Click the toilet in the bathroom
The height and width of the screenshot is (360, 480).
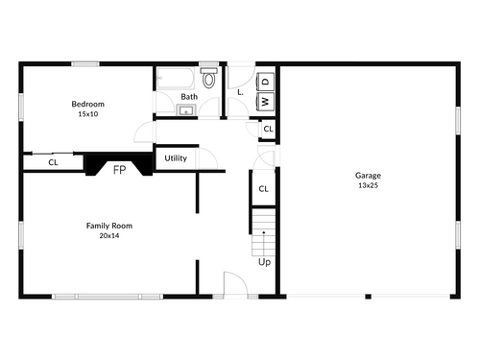[x=208, y=78]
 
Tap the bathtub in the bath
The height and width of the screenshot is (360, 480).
[x=176, y=79]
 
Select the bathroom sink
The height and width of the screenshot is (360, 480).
[x=186, y=110]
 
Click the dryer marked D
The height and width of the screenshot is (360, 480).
[x=266, y=82]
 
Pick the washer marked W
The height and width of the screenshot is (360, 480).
[x=266, y=101]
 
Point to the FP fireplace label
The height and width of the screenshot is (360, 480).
[x=119, y=170]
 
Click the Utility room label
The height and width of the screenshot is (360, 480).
[x=176, y=158]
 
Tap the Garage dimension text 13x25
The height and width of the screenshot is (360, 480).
[x=368, y=185]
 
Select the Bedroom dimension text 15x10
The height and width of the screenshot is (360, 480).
[x=88, y=114]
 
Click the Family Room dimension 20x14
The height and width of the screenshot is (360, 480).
[x=109, y=236]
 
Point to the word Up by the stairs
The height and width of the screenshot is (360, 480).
[x=264, y=262]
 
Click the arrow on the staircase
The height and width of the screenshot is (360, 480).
[x=264, y=242]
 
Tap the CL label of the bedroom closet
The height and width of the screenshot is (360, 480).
[x=53, y=162]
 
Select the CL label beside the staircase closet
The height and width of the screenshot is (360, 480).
[x=263, y=189]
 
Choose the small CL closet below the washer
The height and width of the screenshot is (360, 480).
[x=268, y=129]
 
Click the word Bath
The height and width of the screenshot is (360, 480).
[x=189, y=97]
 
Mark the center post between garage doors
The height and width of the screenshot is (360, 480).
[x=369, y=297]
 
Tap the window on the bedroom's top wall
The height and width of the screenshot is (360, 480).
[x=85, y=64]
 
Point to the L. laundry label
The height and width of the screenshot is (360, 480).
[x=240, y=92]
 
